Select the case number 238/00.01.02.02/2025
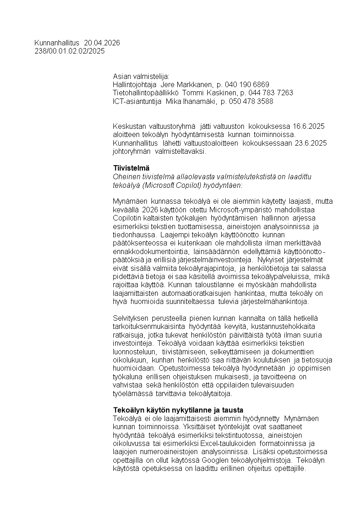tap(69, 51)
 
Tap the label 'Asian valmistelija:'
tap(141, 76)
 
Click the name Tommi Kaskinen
tap(208, 93)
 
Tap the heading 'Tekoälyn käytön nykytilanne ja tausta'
tap(178, 410)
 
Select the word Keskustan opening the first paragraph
tap(129, 126)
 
